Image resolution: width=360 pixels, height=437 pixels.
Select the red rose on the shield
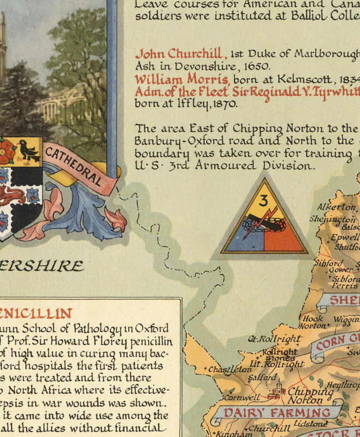[7, 151]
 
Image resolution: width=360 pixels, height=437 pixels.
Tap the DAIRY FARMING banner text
[278, 412]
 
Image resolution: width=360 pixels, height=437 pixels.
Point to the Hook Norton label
[313, 322]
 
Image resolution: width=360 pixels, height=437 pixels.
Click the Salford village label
[262, 377]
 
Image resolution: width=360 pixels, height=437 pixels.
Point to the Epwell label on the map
[344, 238]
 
